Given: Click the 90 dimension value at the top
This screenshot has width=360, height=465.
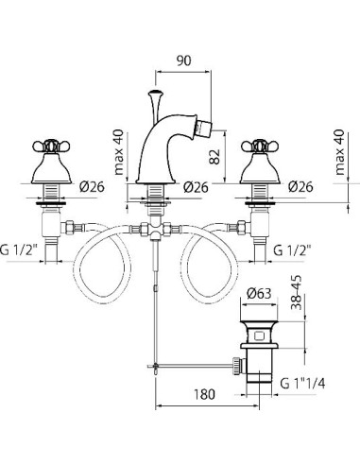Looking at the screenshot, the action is (183, 60).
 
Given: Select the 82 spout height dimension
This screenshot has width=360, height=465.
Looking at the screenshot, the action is (214, 156).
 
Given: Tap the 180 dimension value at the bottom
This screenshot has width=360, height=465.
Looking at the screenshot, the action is (204, 394).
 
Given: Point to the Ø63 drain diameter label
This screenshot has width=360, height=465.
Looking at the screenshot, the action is (259, 294).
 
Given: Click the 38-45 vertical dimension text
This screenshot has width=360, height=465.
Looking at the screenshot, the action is (296, 293).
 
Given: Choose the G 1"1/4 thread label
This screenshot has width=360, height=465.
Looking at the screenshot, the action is (302, 384).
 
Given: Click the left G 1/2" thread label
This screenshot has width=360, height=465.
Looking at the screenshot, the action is (19, 250).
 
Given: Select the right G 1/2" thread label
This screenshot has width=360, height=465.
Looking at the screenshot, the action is (292, 250).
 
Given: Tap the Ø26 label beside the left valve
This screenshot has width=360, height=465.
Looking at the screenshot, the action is (92, 187).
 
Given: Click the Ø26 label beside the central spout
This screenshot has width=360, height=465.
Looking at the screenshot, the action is (196, 187).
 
